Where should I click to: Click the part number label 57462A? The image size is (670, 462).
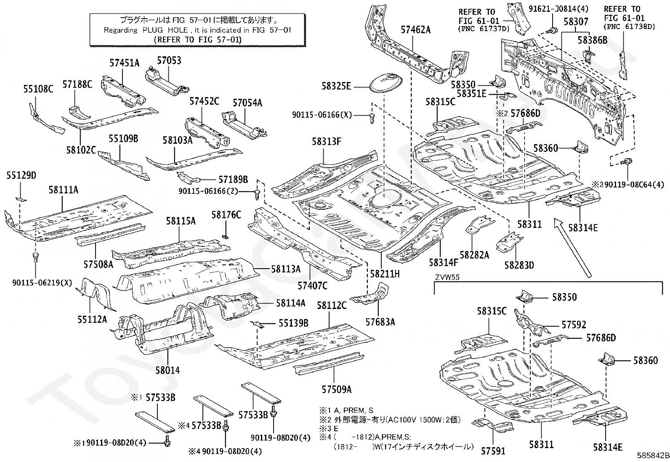pos(415,30)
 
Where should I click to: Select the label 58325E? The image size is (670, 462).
pos(336,86)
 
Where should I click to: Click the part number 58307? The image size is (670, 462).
pos(576,21)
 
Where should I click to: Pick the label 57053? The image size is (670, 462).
pos(169,61)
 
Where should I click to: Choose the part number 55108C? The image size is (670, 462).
pos(38,89)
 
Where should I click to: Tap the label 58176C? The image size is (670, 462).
pos(226,215)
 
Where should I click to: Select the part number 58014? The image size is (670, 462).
pos(167,370)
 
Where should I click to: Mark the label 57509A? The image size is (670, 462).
pos(337,390)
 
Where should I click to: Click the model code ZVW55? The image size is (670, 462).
pos(447,277)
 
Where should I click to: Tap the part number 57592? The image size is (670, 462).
pos(574,325)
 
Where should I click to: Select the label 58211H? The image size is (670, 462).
pos(385,274)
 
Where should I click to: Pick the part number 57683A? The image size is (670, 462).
pos(380,322)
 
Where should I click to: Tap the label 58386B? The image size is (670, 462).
pos(592,40)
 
